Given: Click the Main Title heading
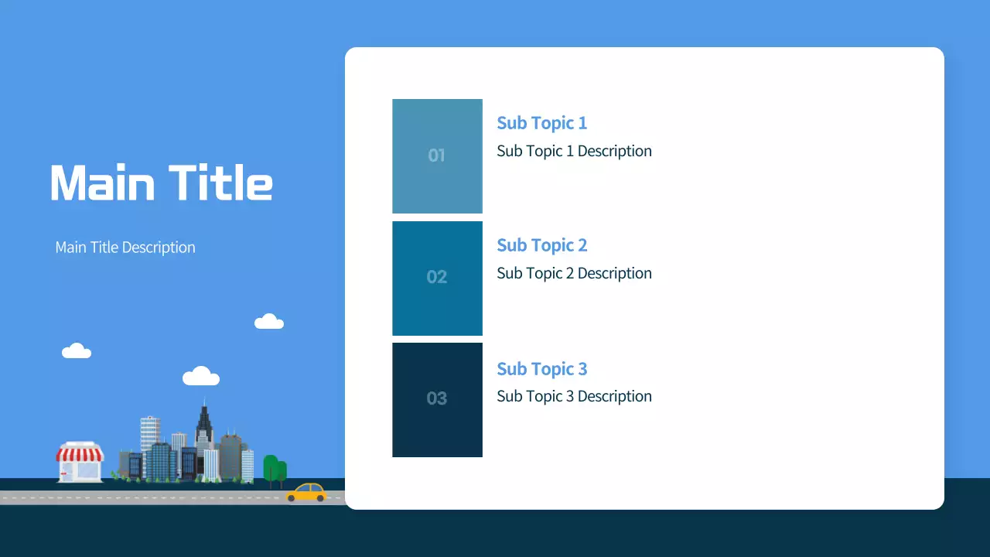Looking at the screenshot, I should [x=161, y=183].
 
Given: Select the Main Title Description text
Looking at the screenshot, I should [x=125, y=248].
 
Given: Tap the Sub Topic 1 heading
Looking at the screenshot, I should [x=541, y=123].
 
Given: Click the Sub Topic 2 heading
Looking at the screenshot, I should [x=541, y=245].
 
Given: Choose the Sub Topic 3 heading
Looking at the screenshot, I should [x=541, y=369].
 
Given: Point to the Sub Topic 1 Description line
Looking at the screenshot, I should [x=574, y=151].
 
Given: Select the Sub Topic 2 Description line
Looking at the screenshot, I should [x=574, y=273].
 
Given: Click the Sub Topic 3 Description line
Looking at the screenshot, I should [x=574, y=396].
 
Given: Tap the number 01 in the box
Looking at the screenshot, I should [x=436, y=155].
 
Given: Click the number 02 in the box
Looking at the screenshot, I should [x=436, y=277].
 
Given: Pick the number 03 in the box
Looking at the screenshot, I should [x=436, y=398].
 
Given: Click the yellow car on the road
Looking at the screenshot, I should [x=306, y=493].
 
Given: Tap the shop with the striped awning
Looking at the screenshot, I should [x=80, y=463].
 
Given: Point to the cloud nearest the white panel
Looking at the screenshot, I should [x=269, y=322].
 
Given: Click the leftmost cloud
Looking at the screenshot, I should [x=77, y=351].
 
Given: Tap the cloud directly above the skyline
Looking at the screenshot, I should [x=201, y=377].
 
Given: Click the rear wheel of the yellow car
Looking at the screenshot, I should [x=292, y=498].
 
